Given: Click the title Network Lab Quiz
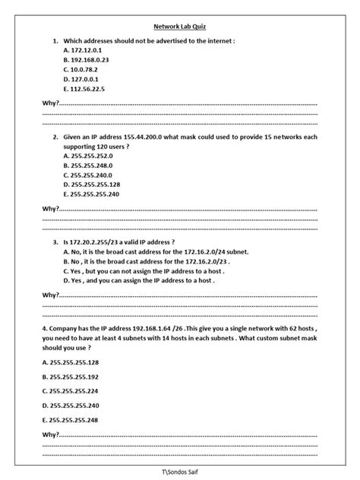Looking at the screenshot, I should (180, 25).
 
